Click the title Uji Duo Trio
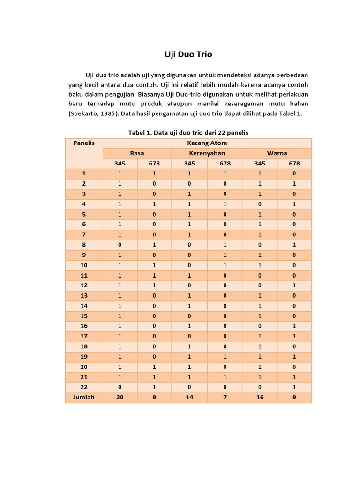tap(188, 54)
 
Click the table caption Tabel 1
tap(188, 133)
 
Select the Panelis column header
tap(84, 143)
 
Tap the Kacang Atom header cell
tap(207, 143)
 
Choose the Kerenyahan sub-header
tap(207, 153)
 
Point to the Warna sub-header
tap(277, 153)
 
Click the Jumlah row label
tap(84, 397)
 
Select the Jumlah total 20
tap(120, 397)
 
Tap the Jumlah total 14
tap(189, 397)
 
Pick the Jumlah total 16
tap(260, 397)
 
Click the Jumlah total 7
tap(225, 397)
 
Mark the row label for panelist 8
tap(84, 245)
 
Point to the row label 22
tap(84, 387)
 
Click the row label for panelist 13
tap(84, 296)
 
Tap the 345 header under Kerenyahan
tap(189, 164)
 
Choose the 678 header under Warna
tap(294, 164)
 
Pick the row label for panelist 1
tap(84, 173)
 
